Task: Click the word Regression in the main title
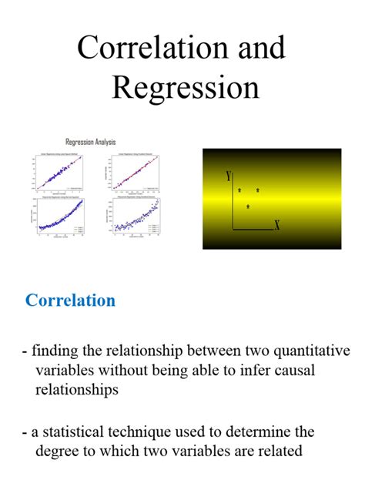tap(186, 86)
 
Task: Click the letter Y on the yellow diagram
tap(229, 176)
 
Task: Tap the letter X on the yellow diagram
tap(276, 226)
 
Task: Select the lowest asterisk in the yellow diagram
tap(248, 207)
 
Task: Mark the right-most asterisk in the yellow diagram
tap(258, 190)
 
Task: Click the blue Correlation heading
tap(70, 301)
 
